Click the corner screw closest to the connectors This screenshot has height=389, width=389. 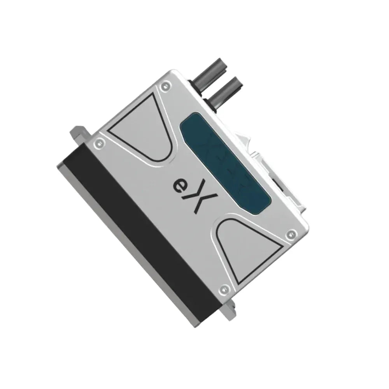[x=167, y=84]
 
